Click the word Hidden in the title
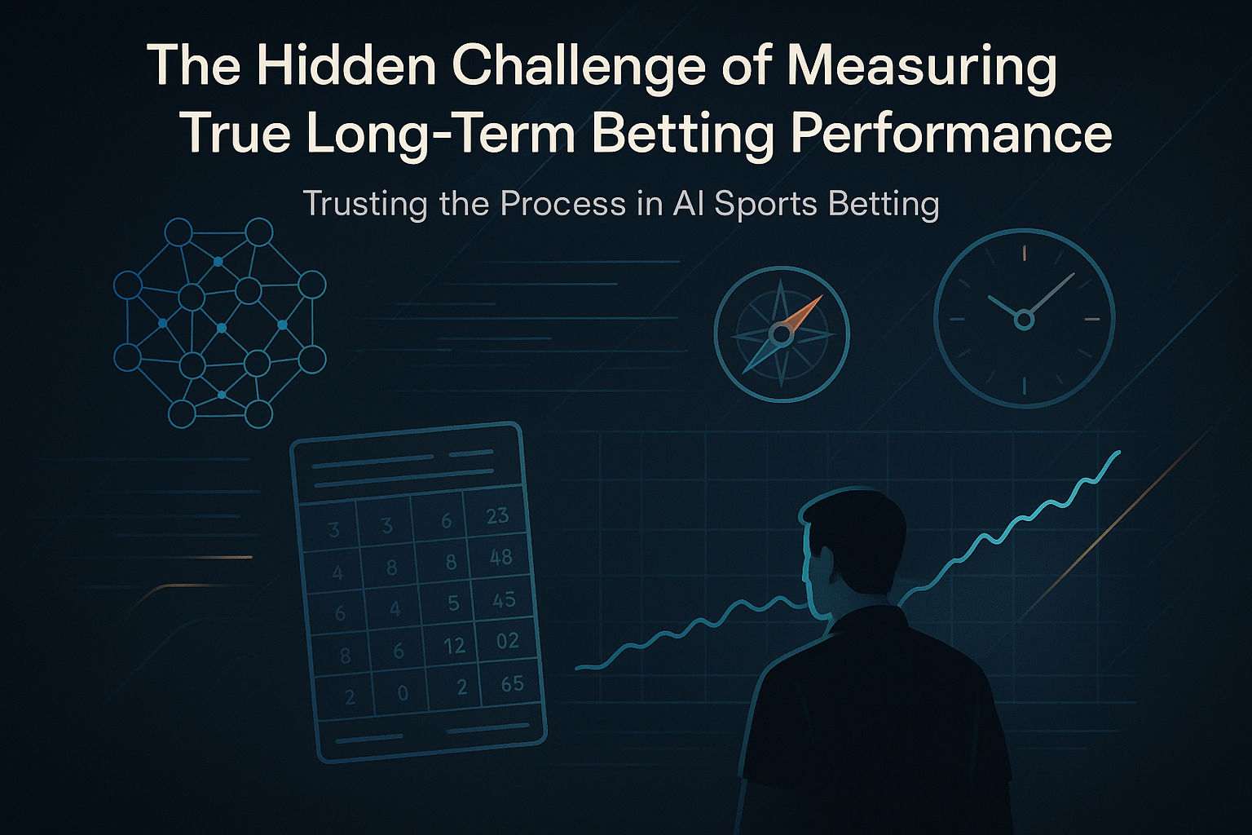pyautogui.click(x=346, y=65)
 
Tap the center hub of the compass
pyautogui.click(x=781, y=335)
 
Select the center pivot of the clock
pyautogui.click(x=1024, y=320)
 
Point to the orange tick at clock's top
pyautogui.click(x=1024, y=253)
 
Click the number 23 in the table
pyautogui.click(x=497, y=515)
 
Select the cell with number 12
pyautogui.click(x=454, y=646)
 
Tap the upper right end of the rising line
pyautogui.click(x=1119, y=452)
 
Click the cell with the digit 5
pyautogui.click(x=453, y=603)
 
